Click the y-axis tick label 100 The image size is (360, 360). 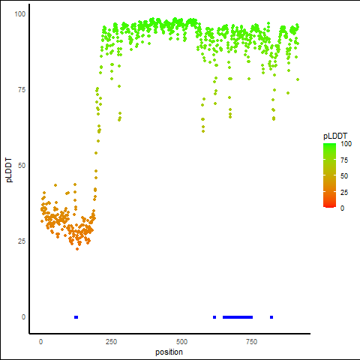pyautogui.click(x=20, y=14)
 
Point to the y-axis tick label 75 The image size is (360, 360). pyautogui.click(x=22, y=90)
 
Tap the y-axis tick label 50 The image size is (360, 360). pyautogui.click(x=22, y=166)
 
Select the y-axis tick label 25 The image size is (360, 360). pyautogui.click(x=22, y=241)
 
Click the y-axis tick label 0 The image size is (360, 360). pyautogui.click(x=23, y=317)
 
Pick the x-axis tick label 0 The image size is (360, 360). pyautogui.click(x=40, y=342)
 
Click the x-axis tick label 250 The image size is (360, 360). pyautogui.click(x=111, y=342)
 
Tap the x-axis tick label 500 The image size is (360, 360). pyautogui.click(x=181, y=342)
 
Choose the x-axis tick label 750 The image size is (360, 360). pyautogui.click(x=251, y=342)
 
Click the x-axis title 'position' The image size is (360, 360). pyautogui.click(x=169, y=352)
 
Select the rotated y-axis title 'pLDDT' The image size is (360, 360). pyautogui.click(x=9, y=170)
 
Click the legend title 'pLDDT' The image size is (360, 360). pyautogui.click(x=335, y=136)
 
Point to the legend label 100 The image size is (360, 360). pyautogui.click(x=346, y=144)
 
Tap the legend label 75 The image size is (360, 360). pyautogui.click(x=344, y=160)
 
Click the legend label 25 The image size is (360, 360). pyautogui.click(x=344, y=193)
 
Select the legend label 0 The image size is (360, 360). pyautogui.click(x=342, y=208)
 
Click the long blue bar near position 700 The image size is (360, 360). pyautogui.click(x=238, y=317)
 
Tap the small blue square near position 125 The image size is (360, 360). pyautogui.click(x=76, y=317)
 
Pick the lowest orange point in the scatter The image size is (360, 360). pyautogui.click(x=77, y=249)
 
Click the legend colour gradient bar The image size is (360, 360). pyautogui.click(x=329, y=175)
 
